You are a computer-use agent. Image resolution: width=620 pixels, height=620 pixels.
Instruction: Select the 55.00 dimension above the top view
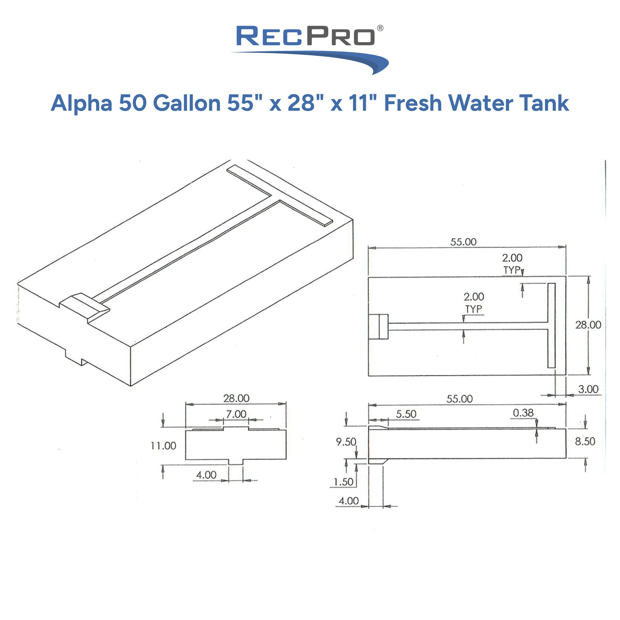(x=463, y=242)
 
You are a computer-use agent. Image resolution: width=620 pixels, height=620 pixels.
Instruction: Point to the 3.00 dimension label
(x=588, y=389)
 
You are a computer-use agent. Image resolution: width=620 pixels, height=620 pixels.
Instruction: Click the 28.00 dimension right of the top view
(x=588, y=325)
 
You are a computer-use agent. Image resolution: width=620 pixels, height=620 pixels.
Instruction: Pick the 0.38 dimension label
(x=523, y=413)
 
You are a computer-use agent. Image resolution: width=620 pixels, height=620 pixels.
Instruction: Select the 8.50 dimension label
(x=585, y=441)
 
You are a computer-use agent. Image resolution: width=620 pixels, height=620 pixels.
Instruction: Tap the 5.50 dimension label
(x=406, y=414)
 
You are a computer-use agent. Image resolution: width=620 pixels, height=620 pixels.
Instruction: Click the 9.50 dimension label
(x=346, y=442)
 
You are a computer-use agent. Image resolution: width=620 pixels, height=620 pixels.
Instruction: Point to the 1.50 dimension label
(x=343, y=482)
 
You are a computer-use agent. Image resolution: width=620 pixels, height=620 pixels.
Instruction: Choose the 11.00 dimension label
(x=163, y=446)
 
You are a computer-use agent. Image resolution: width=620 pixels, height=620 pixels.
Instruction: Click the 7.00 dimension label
(x=236, y=414)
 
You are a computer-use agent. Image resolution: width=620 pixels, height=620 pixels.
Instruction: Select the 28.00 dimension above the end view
(x=236, y=398)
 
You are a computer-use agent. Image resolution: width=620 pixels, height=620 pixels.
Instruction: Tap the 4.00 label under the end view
(x=206, y=475)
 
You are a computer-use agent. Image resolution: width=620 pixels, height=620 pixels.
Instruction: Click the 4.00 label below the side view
(x=348, y=501)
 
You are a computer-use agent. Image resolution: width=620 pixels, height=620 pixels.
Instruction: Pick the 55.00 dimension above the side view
(x=459, y=399)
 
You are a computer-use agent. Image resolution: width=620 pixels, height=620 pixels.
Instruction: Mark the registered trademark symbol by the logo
(x=380, y=28)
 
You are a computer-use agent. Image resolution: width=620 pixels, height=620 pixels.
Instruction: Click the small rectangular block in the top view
(x=378, y=327)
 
